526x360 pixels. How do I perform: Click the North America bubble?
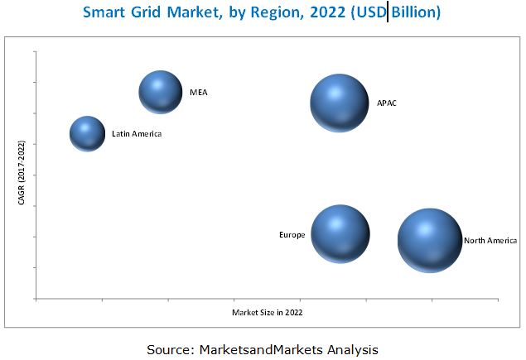[x=429, y=240]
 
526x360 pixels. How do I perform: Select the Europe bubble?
[x=340, y=234]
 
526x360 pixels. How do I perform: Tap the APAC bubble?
[x=339, y=103]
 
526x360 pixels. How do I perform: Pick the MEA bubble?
[x=160, y=91]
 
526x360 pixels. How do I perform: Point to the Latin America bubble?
[x=87, y=133]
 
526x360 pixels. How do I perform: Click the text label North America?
[x=490, y=241]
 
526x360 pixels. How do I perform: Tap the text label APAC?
[x=386, y=103]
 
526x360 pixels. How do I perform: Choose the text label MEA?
[x=198, y=92]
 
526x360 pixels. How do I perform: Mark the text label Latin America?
[x=137, y=133]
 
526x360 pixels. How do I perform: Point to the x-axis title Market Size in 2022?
[x=267, y=312]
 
